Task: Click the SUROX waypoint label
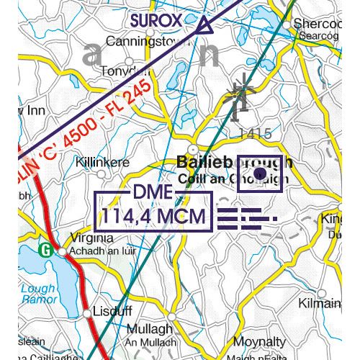click(x=157, y=20)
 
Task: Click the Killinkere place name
click(x=102, y=162)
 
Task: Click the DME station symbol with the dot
click(x=261, y=174)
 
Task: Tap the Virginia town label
click(x=92, y=238)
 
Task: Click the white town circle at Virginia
click(x=63, y=251)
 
